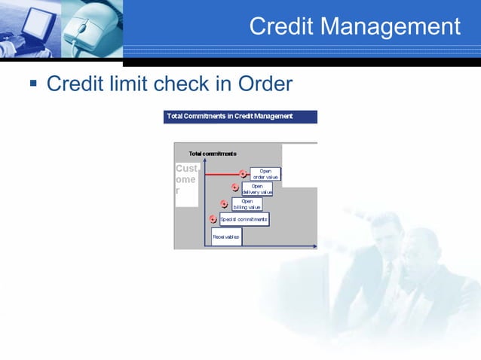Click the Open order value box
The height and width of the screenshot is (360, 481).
[x=265, y=174]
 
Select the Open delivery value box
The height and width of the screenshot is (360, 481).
[x=257, y=189]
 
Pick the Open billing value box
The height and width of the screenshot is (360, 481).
[x=247, y=204]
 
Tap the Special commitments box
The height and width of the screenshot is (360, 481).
[x=244, y=219]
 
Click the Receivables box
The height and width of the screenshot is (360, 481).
[x=226, y=236]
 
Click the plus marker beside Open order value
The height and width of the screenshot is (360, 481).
[x=243, y=174]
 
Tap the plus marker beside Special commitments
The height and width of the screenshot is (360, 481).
[x=213, y=219]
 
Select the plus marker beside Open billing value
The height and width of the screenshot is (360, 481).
[x=224, y=204]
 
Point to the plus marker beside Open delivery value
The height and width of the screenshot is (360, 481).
[x=234, y=188]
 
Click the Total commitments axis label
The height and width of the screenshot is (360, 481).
[x=213, y=154]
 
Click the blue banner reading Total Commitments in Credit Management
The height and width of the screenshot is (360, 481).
[x=240, y=117]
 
